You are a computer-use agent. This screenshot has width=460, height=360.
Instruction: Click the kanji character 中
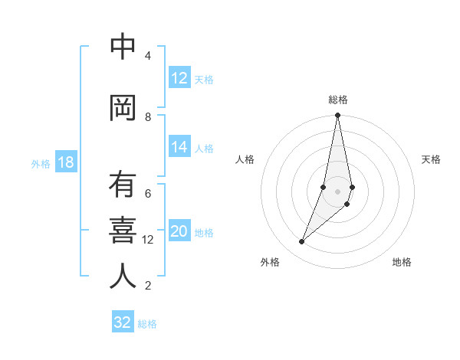coord(123,47)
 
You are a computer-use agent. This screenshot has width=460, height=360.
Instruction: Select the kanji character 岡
coord(123,109)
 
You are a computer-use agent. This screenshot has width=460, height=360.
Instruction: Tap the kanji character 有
coord(123,186)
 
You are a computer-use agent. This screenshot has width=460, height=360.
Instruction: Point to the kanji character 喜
coord(123,231)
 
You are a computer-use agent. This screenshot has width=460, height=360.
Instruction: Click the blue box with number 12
coord(179,78)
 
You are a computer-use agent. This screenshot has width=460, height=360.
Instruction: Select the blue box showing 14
coord(179,148)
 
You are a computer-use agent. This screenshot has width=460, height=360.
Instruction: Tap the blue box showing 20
coord(179,232)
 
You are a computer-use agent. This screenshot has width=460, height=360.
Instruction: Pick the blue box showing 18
coord(65,163)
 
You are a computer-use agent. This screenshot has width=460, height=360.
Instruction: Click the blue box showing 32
coord(123,322)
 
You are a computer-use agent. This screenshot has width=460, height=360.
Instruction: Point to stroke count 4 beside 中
coord(148,56)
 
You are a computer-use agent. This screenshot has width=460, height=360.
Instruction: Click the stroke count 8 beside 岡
coord(148,116)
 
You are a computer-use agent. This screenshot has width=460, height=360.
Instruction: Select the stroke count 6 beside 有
coord(148,193)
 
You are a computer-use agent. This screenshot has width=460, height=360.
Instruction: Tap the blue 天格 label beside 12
coord(204,79)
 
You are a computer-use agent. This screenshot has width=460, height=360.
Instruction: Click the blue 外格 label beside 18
coord(41,164)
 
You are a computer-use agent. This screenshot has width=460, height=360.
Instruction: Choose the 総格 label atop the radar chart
coord(337,100)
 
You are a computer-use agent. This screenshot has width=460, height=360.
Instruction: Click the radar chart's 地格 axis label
coord(402,263)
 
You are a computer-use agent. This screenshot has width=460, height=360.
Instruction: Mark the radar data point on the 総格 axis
coord(337,116)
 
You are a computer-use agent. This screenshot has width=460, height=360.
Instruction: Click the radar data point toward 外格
coord(302,242)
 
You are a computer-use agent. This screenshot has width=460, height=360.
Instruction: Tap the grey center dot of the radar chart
coord(337,191)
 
